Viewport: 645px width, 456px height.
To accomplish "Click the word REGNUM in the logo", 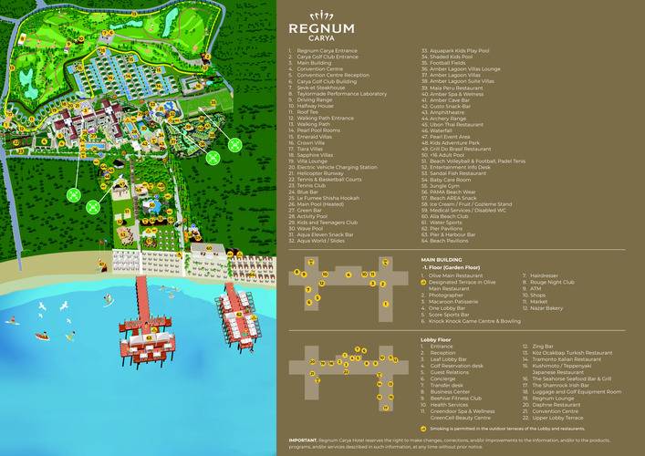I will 320,27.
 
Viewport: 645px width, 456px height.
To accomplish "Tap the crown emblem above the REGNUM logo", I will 320,14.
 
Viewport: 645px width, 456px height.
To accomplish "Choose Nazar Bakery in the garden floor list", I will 547,308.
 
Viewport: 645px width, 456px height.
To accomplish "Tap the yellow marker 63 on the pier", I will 149,337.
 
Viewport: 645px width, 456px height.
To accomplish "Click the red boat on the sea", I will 42,336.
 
